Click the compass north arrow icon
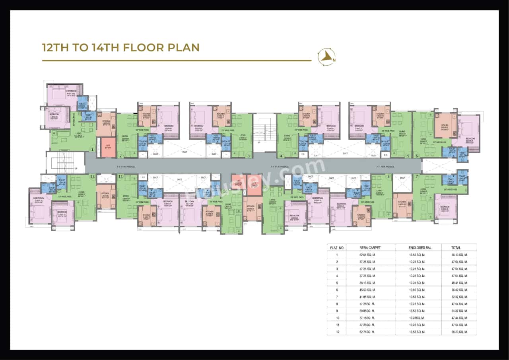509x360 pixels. pyautogui.click(x=326, y=57)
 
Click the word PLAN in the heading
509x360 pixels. pyautogui.click(x=180, y=47)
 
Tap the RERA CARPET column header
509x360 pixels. pyautogui.click(x=367, y=247)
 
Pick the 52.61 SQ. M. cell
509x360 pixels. pyautogui.click(x=367, y=255)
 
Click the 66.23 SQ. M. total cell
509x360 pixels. pyautogui.click(x=459, y=332)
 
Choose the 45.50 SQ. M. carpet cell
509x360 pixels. pyautogui.click(x=367, y=290)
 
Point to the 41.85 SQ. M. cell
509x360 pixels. pyautogui.click(x=367, y=297)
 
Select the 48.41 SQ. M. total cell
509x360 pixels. pyautogui.click(x=459, y=282)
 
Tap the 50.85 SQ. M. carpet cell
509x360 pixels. pyautogui.click(x=367, y=311)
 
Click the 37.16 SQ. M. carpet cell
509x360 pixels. pyautogui.click(x=367, y=318)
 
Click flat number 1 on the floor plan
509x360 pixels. pyautogui.click(x=92, y=150)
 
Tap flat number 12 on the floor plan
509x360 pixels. pyautogui.click(x=93, y=176)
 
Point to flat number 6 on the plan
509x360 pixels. pyautogui.click(x=417, y=156)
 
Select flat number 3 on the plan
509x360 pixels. pyautogui.click(x=249, y=156)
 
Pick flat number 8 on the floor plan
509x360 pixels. pyautogui.click(x=389, y=176)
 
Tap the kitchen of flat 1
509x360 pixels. pyautogui.click(x=106, y=124)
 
